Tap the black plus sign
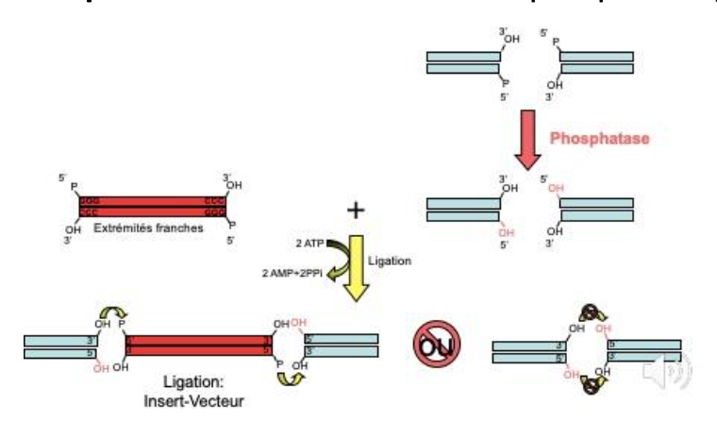[355, 210]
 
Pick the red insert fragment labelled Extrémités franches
[147, 207]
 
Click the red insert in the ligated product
[200, 345]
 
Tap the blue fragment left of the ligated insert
[61, 345]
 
